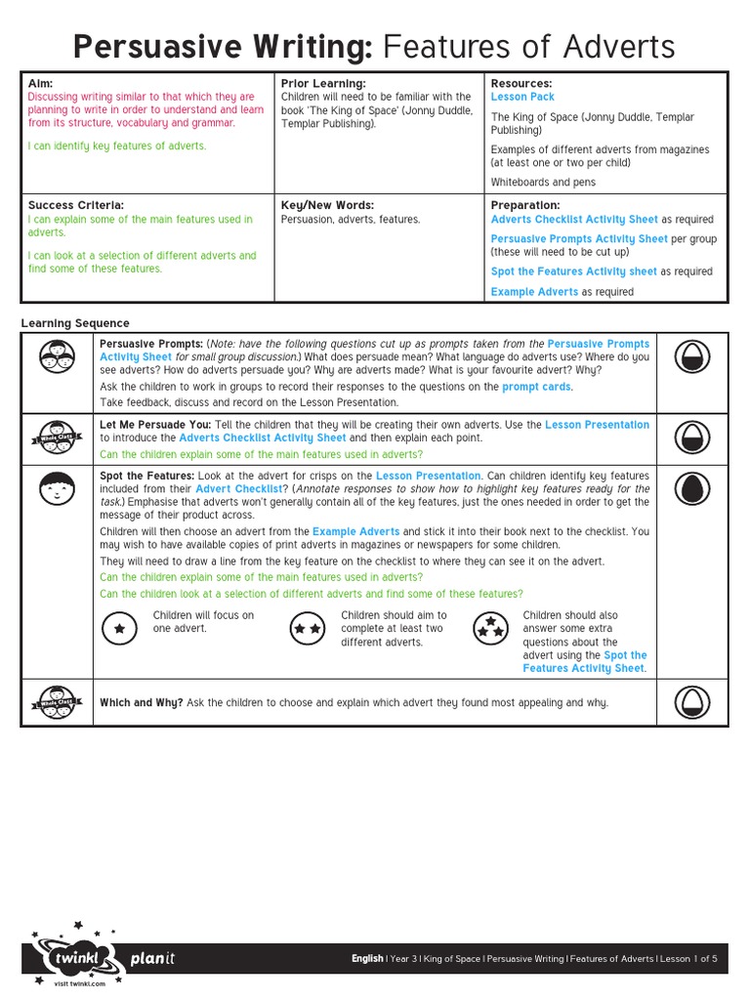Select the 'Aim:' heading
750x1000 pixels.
click(x=41, y=84)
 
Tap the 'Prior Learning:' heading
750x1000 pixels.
click(x=323, y=84)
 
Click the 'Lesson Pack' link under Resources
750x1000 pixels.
click(x=522, y=98)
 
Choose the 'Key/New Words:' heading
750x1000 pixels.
click(x=327, y=206)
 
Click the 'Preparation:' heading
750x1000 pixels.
click(x=525, y=206)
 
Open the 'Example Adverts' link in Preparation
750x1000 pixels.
click(x=534, y=292)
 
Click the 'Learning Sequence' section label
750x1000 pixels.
click(x=75, y=323)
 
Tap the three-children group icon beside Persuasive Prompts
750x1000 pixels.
click(x=57, y=357)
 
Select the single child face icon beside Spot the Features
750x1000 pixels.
click(x=57, y=487)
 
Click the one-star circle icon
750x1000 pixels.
click(x=119, y=630)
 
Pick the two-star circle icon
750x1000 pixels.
click(x=308, y=630)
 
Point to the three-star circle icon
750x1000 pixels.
click(x=489, y=630)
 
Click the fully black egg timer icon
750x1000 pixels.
click(x=691, y=487)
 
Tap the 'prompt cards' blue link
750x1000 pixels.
click(x=536, y=387)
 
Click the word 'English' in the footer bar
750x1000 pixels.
click(x=367, y=959)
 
